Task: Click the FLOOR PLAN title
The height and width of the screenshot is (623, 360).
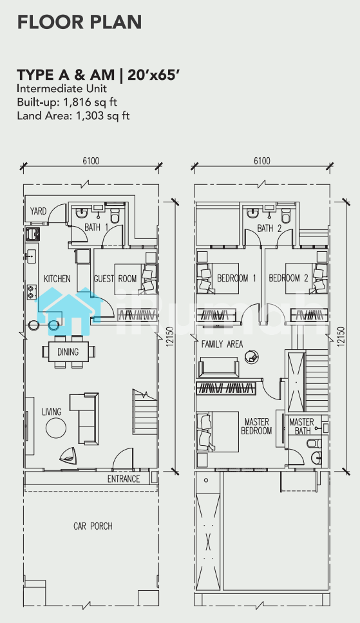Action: pyautogui.click(x=79, y=23)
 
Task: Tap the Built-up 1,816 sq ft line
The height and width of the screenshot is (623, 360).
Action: pyautogui.click(x=67, y=102)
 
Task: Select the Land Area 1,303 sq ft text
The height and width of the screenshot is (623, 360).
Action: pyautogui.click(x=73, y=115)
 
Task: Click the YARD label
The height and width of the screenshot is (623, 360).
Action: pyautogui.click(x=38, y=211)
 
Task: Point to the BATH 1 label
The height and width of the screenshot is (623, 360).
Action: pyautogui.click(x=96, y=227)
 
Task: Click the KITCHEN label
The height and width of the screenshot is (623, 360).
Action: pyautogui.click(x=57, y=279)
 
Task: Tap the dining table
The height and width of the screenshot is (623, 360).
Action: pyautogui.click(x=68, y=352)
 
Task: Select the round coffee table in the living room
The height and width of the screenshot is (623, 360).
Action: pyautogui.click(x=56, y=428)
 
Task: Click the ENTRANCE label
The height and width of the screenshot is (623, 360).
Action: pyautogui.click(x=124, y=479)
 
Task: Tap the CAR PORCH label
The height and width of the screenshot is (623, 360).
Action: pyautogui.click(x=93, y=526)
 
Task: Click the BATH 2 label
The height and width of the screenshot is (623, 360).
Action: pyautogui.click(x=269, y=229)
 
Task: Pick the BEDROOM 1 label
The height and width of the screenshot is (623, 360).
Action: pyautogui.click(x=236, y=278)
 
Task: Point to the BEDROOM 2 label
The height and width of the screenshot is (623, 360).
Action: pyautogui.click(x=288, y=278)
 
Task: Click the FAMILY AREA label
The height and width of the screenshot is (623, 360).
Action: pyautogui.click(x=222, y=344)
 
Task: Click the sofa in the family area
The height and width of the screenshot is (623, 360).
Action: pyautogui.click(x=219, y=367)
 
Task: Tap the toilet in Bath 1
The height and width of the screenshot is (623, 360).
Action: pyautogui.click(x=115, y=215)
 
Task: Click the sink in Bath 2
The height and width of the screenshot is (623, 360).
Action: pyautogui.click(x=252, y=214)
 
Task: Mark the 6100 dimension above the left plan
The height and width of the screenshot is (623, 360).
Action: pyautogui.click(x=91, y=161)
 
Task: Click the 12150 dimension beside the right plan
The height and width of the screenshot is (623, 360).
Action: pyautogui.click(x=341, y=336)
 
